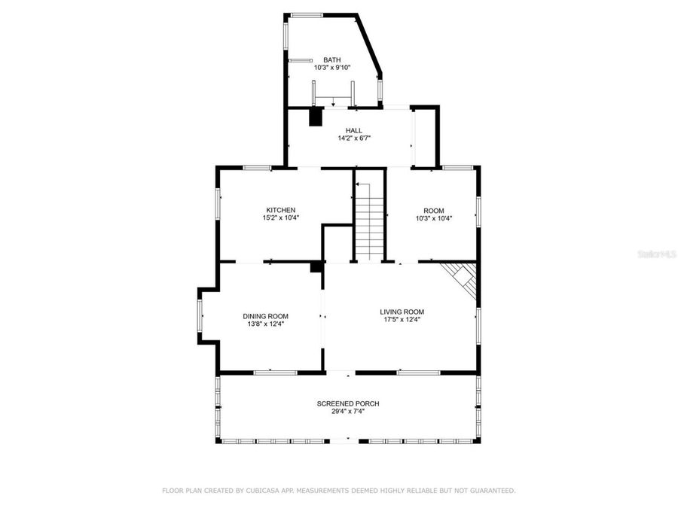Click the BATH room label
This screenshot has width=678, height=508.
click(x=332, y=59)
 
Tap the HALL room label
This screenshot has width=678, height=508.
click(x=354, y=130)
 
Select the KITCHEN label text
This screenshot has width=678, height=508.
click(x=280, y=210)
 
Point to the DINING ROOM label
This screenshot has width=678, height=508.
click(x=265, y=316)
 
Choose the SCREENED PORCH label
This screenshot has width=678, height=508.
click(x=347, y=403)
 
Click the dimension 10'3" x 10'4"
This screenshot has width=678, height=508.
click(x=433, y=218)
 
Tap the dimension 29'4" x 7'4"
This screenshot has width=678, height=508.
click(x=347, y=412)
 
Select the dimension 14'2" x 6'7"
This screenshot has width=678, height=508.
click(x=354, y=138)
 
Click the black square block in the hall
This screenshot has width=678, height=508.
click(x=316, y=117)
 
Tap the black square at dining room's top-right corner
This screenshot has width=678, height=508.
click(x=316, y=266)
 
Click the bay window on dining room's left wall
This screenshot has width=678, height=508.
click(x=200, y=316)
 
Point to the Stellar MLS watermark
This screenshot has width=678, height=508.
click(x=656, y=254)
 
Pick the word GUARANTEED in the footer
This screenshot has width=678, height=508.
click(x=489, y=491)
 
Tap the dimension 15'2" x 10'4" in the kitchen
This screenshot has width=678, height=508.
click(x=280, y=218)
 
